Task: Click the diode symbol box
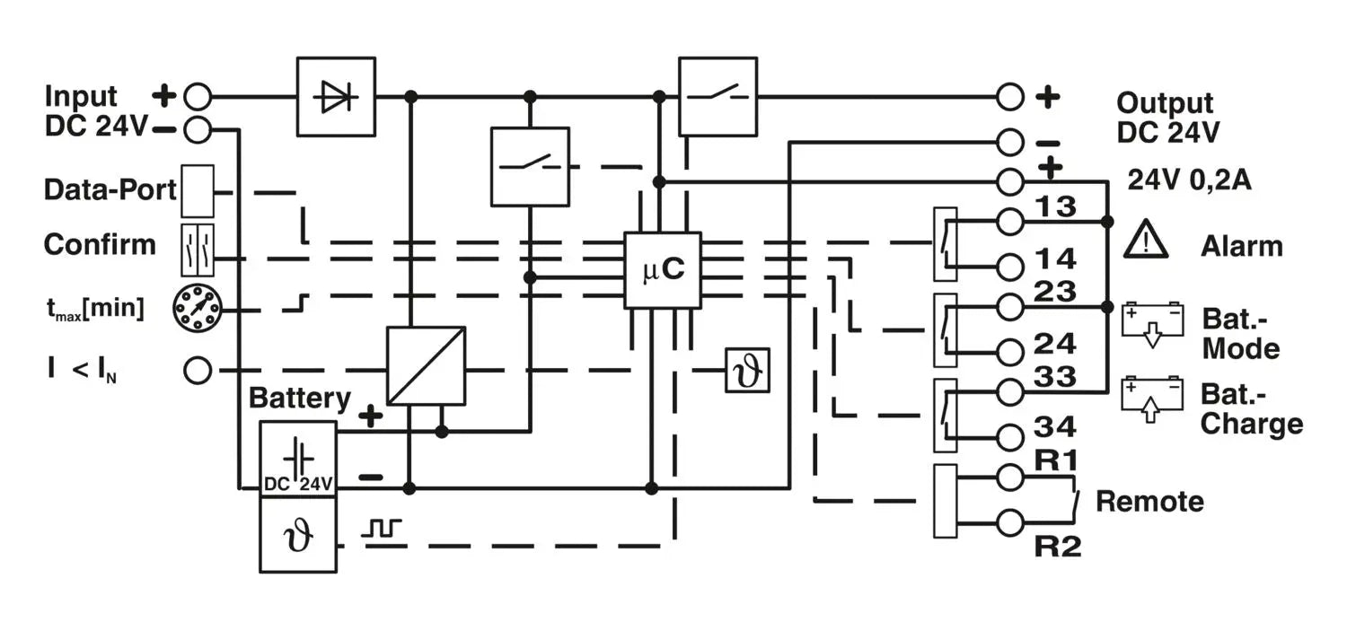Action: pyautogui.click(x=336, y=97)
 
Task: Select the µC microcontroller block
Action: pyautogui.click(x=663, y=270)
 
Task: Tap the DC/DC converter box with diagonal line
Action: pyautogui.click(x=426, y=366)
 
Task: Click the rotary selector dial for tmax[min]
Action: pyautogui.click(x=197, y=309)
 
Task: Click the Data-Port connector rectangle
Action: pyautogui.click(x=198, y=191)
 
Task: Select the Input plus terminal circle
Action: pyautogui.click(x=198, y=95)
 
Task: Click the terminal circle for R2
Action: pyautogui.click(x=1010, y=521)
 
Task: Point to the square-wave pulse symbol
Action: pyautogui.click(x=383, y=529)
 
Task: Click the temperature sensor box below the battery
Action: pyautogui.click(x=298, y=536)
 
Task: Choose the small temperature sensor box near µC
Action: pyautogui.click(x=748, y=370)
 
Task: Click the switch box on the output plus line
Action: pyautogui.click(x=718, y=96)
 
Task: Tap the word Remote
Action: pyautogui.click(x=1149, y=501)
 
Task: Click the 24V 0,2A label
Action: pyautogui.click(x=1189, y=181)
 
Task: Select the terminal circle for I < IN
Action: pyautogui.click(x=198, y=370)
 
